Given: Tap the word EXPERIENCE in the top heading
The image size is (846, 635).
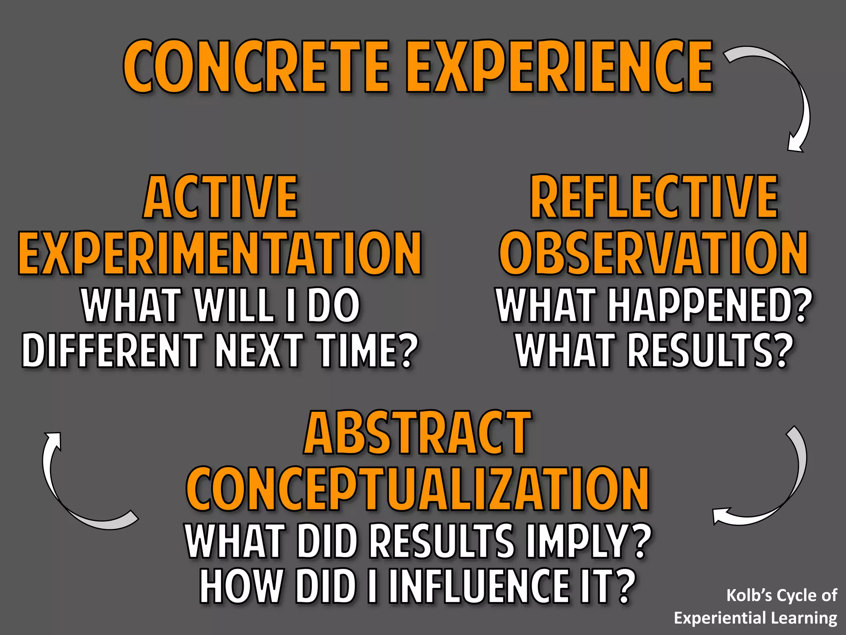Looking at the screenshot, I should click(559, 67).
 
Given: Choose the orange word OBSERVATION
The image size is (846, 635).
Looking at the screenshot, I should click(654, 253).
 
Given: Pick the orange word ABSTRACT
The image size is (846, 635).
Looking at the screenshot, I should click(417, 433).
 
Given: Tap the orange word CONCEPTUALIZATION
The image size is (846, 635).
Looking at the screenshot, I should click(417, 489).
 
